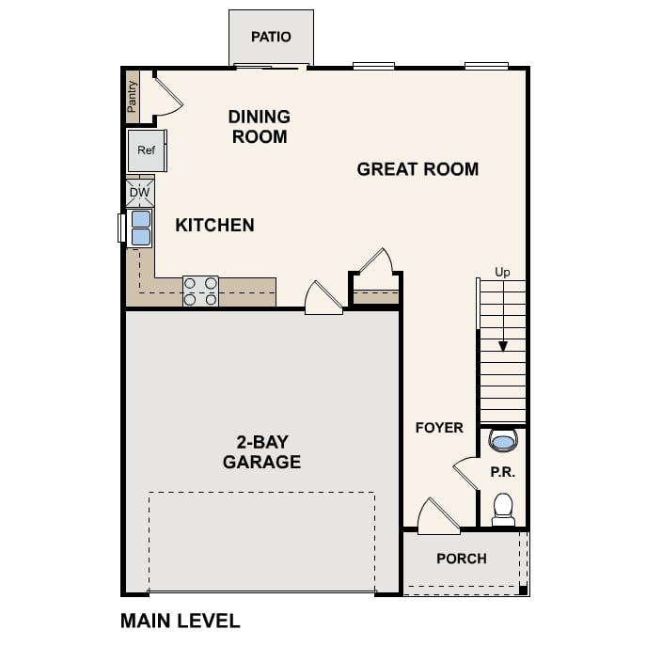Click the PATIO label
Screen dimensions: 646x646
[x=271, y=37]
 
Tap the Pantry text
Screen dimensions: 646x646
[x=133, y=95]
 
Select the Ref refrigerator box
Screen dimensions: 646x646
[x=146, y=150]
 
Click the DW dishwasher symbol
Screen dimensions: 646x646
[x=139, y=193]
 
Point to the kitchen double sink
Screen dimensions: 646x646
[x=140, y=228]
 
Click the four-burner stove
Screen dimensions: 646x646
[x=200, y=291]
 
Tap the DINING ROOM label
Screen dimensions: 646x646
[x=259, y=127]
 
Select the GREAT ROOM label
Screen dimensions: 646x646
[x=418, y=169]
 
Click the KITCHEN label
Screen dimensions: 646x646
[x=214, y=225]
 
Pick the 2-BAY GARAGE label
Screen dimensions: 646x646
[x=261, y=452]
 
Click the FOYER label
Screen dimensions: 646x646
[x=439, y=428]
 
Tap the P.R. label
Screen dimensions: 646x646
[x=502, y=472]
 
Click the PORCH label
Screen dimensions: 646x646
[x=461, y=559]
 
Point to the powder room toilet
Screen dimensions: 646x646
[x=503, y=509]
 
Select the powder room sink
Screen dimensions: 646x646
[x=503, y=440]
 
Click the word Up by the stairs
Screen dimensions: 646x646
[x=502, y=273]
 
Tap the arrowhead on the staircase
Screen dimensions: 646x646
[x=503, y=346]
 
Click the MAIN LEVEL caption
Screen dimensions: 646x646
[x=181, y=621]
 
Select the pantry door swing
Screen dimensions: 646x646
[x=166, y=95]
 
